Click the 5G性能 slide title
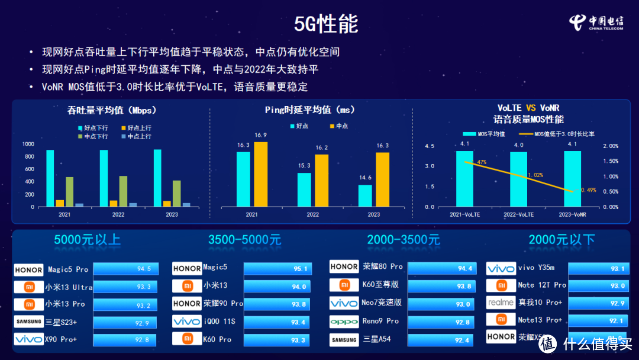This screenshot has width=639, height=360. click(x=326, y=24)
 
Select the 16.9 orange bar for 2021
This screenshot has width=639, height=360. click(x=260, y=175)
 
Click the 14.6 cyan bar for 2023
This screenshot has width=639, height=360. click(x=365, y=195)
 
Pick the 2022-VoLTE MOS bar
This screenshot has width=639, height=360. click(x=518, y=179)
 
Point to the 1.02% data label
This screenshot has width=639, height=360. click(x=535, y=175)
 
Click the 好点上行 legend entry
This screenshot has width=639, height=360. click(x=136, y=128)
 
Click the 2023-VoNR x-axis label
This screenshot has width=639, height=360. click(x=572, y=214)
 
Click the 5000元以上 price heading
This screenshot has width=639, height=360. click(x=87, y=240)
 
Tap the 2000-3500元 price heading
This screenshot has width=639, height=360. click(x=403, y=240)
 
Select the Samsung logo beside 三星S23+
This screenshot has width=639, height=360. click(x=28, y=322)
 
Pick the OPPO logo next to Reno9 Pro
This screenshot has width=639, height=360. click(x=344, y=322)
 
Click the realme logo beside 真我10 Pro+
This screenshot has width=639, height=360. click(x=501, y=303)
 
